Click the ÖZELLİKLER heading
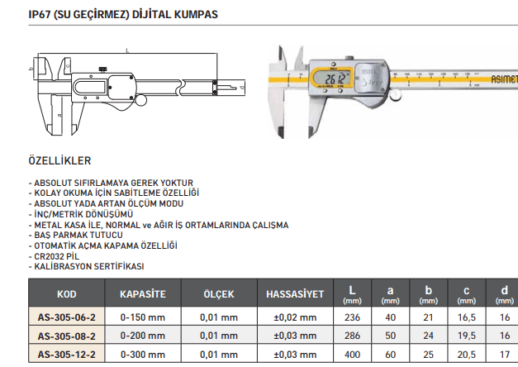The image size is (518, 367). point(60,160)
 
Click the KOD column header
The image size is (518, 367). point(66,294)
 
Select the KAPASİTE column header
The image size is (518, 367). point(143,294)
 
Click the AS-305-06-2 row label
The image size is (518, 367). point(67,317)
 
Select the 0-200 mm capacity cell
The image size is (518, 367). point(143,336)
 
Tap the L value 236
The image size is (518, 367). point(352,317)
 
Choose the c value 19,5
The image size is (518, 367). point(467,336)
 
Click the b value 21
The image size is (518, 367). point(429,317)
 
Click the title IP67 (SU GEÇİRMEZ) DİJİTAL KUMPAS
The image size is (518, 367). point(123,14)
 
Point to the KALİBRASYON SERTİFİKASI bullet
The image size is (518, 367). point(87,267)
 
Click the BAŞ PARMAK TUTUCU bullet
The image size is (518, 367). point(75,235)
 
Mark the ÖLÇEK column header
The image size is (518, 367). point(219,294)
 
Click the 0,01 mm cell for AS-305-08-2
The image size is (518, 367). point(219,336)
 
